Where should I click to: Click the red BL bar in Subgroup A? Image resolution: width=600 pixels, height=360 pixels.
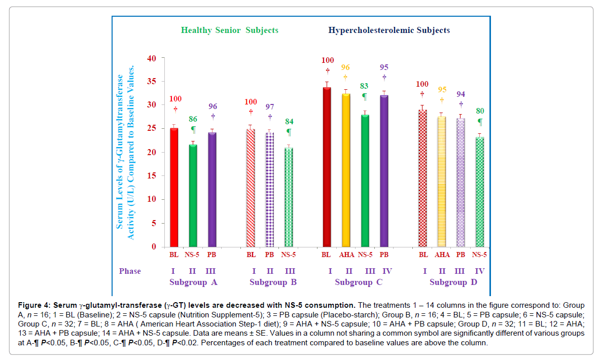coord(174,187)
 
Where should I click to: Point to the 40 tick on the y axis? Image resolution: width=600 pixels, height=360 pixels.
coord(152,58)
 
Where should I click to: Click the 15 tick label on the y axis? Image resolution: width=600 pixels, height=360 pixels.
coord(152,176)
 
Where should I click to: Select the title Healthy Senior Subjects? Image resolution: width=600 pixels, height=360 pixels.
coord(229,30)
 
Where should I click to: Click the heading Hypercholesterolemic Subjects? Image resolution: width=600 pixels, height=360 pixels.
coord(389,30)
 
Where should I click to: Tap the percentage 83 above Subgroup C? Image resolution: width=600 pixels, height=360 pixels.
coord(364,86)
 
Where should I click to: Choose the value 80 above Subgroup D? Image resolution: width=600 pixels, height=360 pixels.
coord(480,111)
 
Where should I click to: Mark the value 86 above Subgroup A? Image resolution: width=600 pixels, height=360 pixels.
coord(193,119)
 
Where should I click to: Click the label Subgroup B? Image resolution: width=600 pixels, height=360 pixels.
coord(273,282)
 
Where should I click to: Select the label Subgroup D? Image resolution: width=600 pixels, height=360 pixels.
coord(453,282)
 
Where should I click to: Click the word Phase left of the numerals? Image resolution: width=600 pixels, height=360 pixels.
coord(130,271)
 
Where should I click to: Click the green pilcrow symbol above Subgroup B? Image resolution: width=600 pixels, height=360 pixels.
coord(289,132)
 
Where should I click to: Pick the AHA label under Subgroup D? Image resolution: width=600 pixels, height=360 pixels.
coord(442,255)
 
